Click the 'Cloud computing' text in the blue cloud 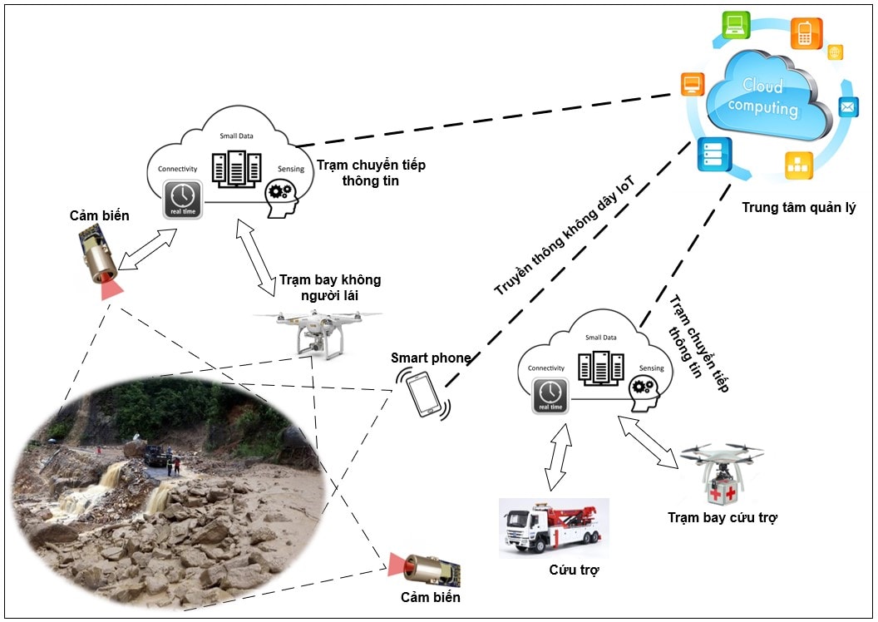762,97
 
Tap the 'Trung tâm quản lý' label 798,207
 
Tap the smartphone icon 426,393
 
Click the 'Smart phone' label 431,358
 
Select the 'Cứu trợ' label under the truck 574,570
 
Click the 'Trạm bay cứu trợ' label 722,518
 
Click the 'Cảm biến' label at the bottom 430,597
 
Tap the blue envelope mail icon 847,107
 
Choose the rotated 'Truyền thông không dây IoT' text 559,240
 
